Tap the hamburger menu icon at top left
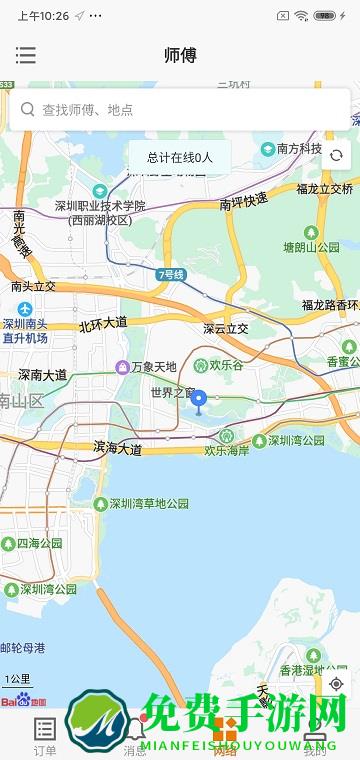pos(26,56)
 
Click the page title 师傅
pos(180,56)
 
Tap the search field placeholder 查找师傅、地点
pos(88,110)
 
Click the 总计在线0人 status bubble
pos(180,158)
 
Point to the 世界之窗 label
pos(170,393)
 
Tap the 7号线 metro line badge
pos(172,274)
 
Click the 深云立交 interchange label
pos(225,328)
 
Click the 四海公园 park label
pos(38,544)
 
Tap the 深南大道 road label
pos(42,375)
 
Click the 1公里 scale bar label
pos(18,680)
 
